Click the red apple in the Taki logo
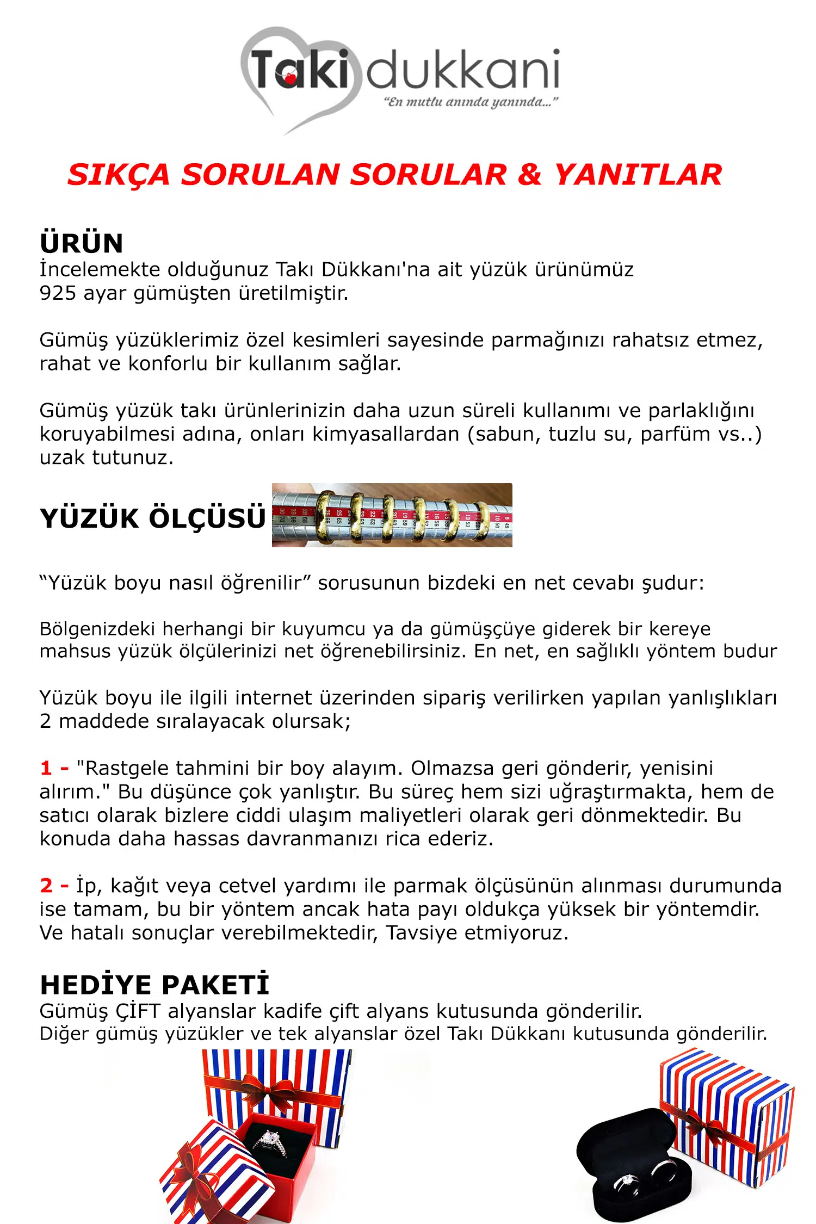[x=290, y=78]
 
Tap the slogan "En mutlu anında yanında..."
[x=471, y=102]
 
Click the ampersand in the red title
[x=530, y=175]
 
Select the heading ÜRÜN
[x=82, y=243]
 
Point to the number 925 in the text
[x=58, y=293]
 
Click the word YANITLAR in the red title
[x=638, y=175]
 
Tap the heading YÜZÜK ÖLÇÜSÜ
[x=153, y=518]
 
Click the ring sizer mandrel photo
[x=392, y=515]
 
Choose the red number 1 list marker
[x=46, y=768]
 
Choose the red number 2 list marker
[x=46, y=886]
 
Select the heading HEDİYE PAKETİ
[x=155, y=985]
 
